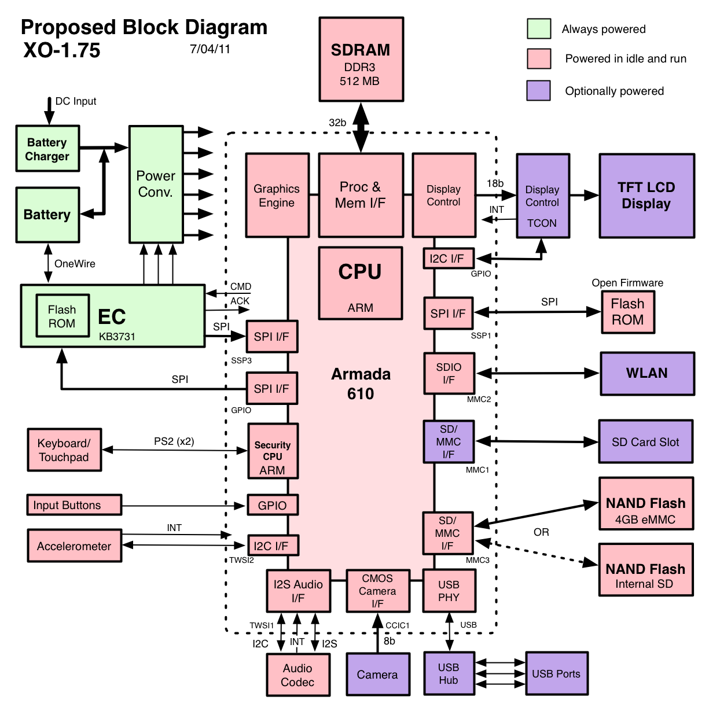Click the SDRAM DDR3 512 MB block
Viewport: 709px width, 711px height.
point(361,60)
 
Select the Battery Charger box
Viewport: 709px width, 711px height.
point(47,149)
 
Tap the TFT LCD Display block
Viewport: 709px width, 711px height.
point(646,196)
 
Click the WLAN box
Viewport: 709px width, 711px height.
point(647,374)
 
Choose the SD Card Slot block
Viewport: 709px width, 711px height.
point(645,442)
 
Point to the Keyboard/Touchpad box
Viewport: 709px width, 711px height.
point(64,450)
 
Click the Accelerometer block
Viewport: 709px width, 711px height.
point(75,546)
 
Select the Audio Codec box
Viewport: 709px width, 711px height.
point(298,675)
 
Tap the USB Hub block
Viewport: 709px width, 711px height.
point(449,673)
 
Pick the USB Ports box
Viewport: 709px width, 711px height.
point(556,673)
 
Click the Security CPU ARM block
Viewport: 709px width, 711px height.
point(273,451)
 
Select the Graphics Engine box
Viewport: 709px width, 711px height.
point(277,196)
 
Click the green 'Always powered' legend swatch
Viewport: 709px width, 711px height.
point(538,29)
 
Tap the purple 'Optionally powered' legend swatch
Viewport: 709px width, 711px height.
point(538,91)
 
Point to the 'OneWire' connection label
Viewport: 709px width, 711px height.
point(75,264)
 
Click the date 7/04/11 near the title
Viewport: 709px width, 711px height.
point(210,49)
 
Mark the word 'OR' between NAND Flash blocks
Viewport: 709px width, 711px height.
point(541,532)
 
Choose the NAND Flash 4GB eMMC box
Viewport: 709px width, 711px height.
point(646,504)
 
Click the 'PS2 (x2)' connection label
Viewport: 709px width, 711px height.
point(174,441)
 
